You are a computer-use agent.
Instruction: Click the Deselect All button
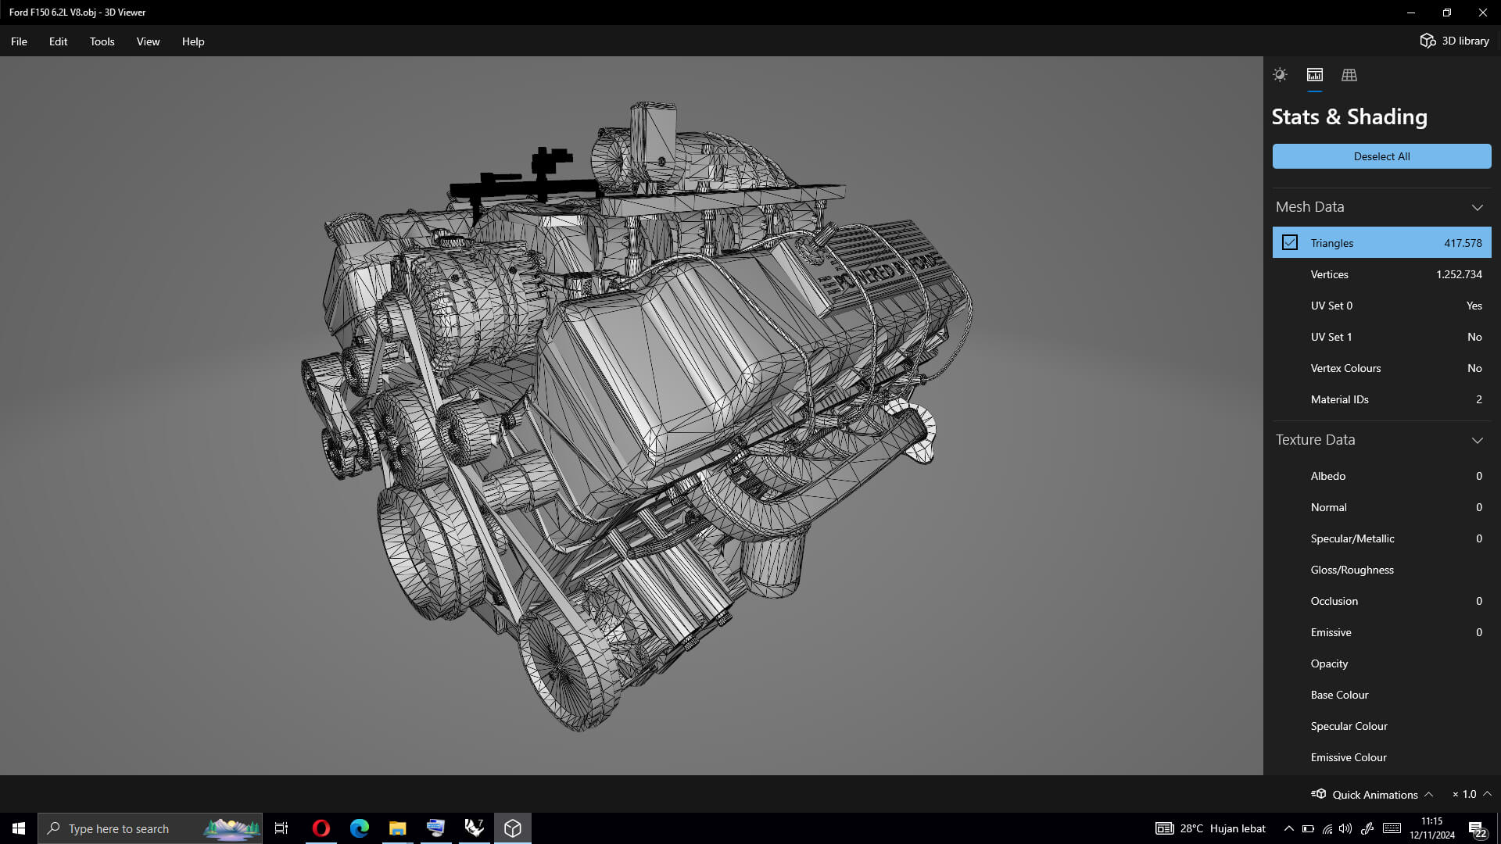1381,156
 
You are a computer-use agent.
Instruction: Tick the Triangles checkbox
1290,243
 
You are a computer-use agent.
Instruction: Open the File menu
19,41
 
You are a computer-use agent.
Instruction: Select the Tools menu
102,41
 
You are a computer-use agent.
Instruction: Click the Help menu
193,41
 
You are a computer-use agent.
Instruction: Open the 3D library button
1454,41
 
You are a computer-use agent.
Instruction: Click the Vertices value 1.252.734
1459,274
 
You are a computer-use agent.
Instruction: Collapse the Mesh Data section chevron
1477,207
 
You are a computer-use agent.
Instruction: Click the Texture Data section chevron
1477,440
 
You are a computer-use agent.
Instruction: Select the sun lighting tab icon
1280,75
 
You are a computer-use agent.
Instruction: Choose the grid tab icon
1349,75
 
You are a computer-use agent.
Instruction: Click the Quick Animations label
1374,795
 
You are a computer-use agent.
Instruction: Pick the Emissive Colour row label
1349,757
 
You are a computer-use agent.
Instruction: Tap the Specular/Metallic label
1352,538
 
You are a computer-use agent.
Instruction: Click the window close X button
1482,13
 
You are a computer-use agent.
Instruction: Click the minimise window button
1411,13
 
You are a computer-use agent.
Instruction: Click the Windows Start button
19,828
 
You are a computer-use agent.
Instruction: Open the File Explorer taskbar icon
397,828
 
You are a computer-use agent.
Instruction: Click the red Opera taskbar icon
321,828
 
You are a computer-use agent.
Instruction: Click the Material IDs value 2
1478,399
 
